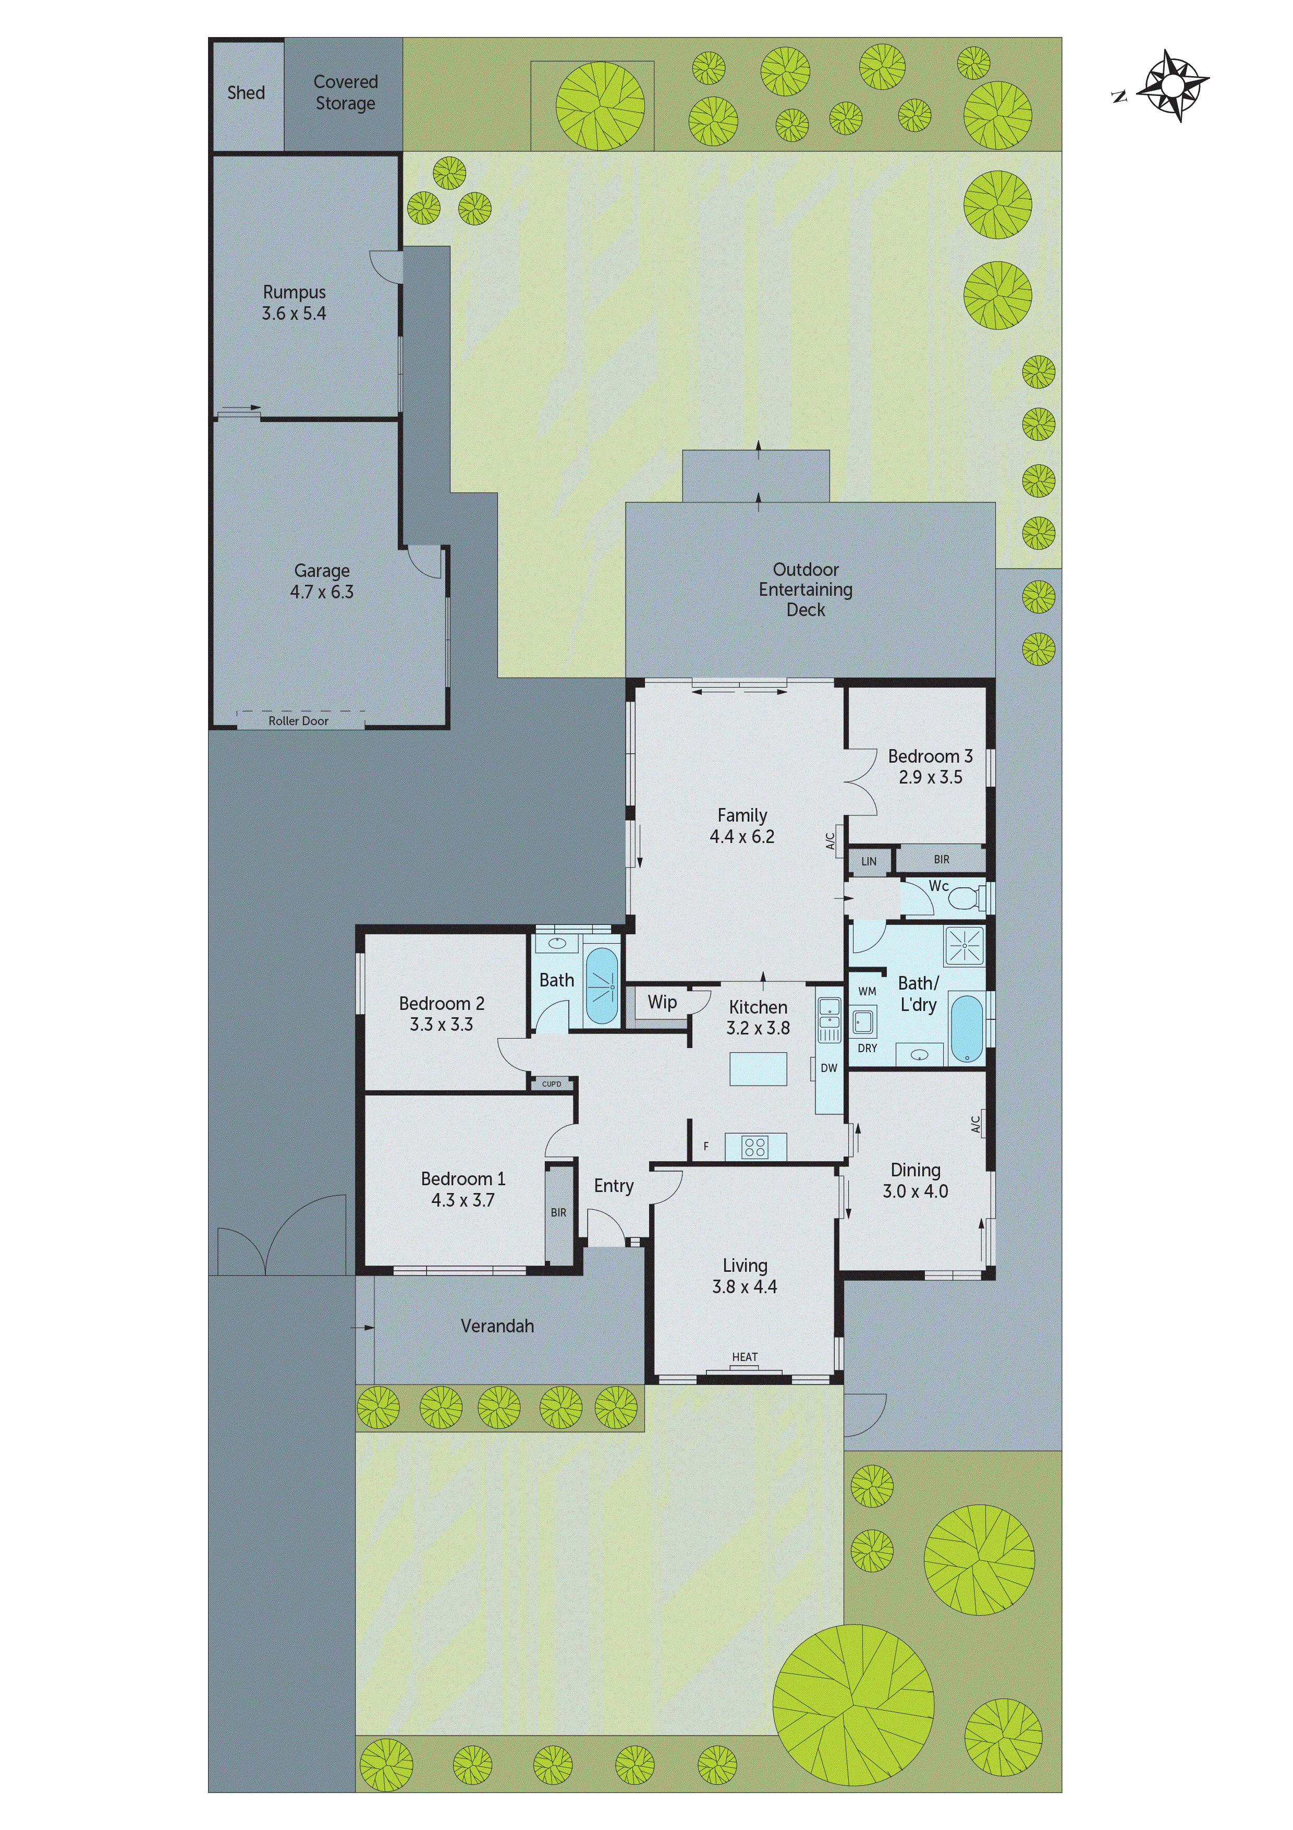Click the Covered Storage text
point(345,92)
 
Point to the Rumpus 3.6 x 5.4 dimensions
point(294,313)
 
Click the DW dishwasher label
point(828,1068)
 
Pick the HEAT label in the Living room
point(745,1356)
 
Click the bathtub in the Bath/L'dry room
point(967,1028)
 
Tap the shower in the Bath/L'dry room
point(964,946)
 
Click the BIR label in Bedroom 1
point(558,1212)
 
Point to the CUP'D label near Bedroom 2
point(551,1084)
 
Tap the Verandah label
point(497,1326)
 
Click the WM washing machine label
point(868,992)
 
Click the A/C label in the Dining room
point(976,1124)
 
